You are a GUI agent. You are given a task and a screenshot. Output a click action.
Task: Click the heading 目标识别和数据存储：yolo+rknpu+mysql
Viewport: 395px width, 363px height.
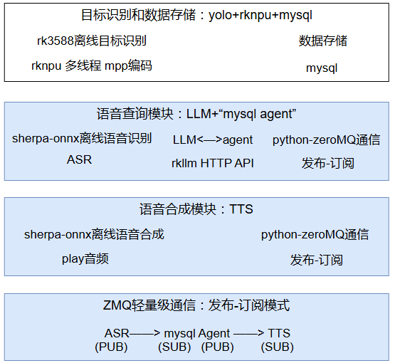(x=196, y=15)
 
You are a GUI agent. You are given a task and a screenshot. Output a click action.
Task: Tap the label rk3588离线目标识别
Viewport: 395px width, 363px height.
(x=92, y=41)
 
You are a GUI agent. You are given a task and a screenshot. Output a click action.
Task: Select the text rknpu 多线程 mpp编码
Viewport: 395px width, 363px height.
(x=92, y=65)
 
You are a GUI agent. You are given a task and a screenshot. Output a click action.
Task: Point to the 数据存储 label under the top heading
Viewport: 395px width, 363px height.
(x=323, y=41)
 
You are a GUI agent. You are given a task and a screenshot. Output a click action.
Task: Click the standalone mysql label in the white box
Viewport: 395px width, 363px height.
(x=322, y=68)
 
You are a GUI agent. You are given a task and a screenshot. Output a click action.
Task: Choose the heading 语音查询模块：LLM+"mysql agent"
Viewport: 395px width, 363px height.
(x=196, y=114)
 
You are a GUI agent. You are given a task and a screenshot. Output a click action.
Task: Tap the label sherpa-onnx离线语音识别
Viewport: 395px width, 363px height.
(x=82, y=138)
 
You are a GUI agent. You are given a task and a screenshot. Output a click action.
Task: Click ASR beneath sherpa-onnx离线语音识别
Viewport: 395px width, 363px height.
(x=79, y=159)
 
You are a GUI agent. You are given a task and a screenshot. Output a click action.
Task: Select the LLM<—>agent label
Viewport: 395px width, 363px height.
(x=213, y=140)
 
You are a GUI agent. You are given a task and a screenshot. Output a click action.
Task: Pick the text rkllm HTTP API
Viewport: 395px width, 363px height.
(x=213, y=163)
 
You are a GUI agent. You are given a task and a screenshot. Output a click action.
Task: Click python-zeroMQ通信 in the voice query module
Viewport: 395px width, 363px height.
(x=327, y=140)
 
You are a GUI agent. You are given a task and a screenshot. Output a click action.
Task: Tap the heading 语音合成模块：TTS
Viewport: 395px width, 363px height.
(x=196, y=209)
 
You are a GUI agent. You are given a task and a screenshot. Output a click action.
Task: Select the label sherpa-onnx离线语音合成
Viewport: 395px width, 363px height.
(x=94, y=234)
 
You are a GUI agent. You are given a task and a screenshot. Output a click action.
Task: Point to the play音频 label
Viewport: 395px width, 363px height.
(x=85, y=258)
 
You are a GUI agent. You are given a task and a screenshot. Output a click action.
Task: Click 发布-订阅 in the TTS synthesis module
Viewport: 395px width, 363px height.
(x=317, y=260)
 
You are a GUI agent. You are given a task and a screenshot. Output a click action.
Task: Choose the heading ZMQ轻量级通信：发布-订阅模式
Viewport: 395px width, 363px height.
(x=196, y=305)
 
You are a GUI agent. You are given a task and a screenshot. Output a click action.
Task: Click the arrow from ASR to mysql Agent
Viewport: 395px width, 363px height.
(x=144, y=333)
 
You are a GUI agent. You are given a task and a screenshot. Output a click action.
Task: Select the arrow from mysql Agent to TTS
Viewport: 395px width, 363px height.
(x=248, y=333)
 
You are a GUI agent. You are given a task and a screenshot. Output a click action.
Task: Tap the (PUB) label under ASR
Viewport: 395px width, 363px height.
(x=111, y=347)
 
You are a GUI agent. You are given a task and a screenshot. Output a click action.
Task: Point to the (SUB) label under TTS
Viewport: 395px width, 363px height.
(x=278, y=347)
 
